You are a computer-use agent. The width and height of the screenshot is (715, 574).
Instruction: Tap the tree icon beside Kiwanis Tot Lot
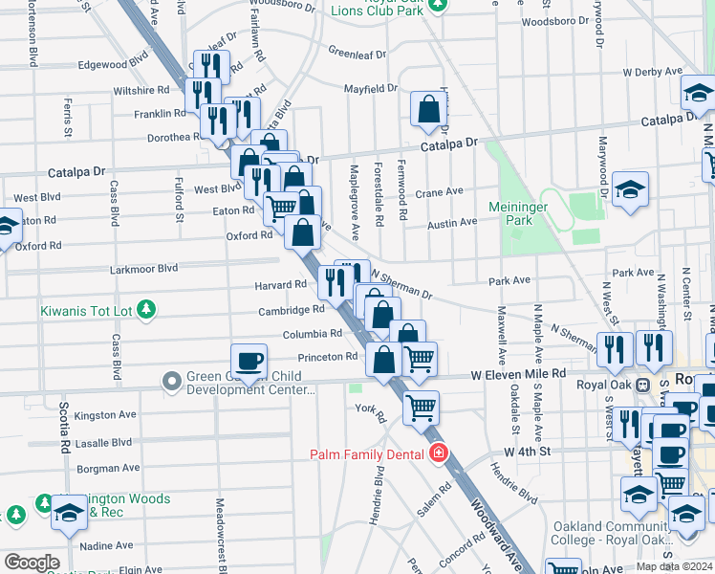pyautogui.click(x=145, y=309)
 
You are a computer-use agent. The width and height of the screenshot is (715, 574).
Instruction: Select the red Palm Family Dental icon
pyautogui.click(x=438, y=452)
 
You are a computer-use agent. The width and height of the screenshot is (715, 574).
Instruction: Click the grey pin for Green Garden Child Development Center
pyautogui.click(x=172, y=383)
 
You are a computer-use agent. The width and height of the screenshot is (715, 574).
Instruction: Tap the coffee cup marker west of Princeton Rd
pyautogui.click(x=249, y=362)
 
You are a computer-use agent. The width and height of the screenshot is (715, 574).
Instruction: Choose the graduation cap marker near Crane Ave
pyautogui.click(x=631, y=188)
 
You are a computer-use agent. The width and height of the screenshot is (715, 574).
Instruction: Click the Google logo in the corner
pyautogui.click(x=32, y=562)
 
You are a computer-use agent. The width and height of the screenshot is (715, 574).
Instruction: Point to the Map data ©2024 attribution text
pyautogui.click(x=674, y=566)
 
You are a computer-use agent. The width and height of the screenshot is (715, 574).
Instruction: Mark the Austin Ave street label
pyautogui.click(x=452, y=223)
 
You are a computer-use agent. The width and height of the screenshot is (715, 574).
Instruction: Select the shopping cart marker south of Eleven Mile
pyautogui.click(x=421, y=408)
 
